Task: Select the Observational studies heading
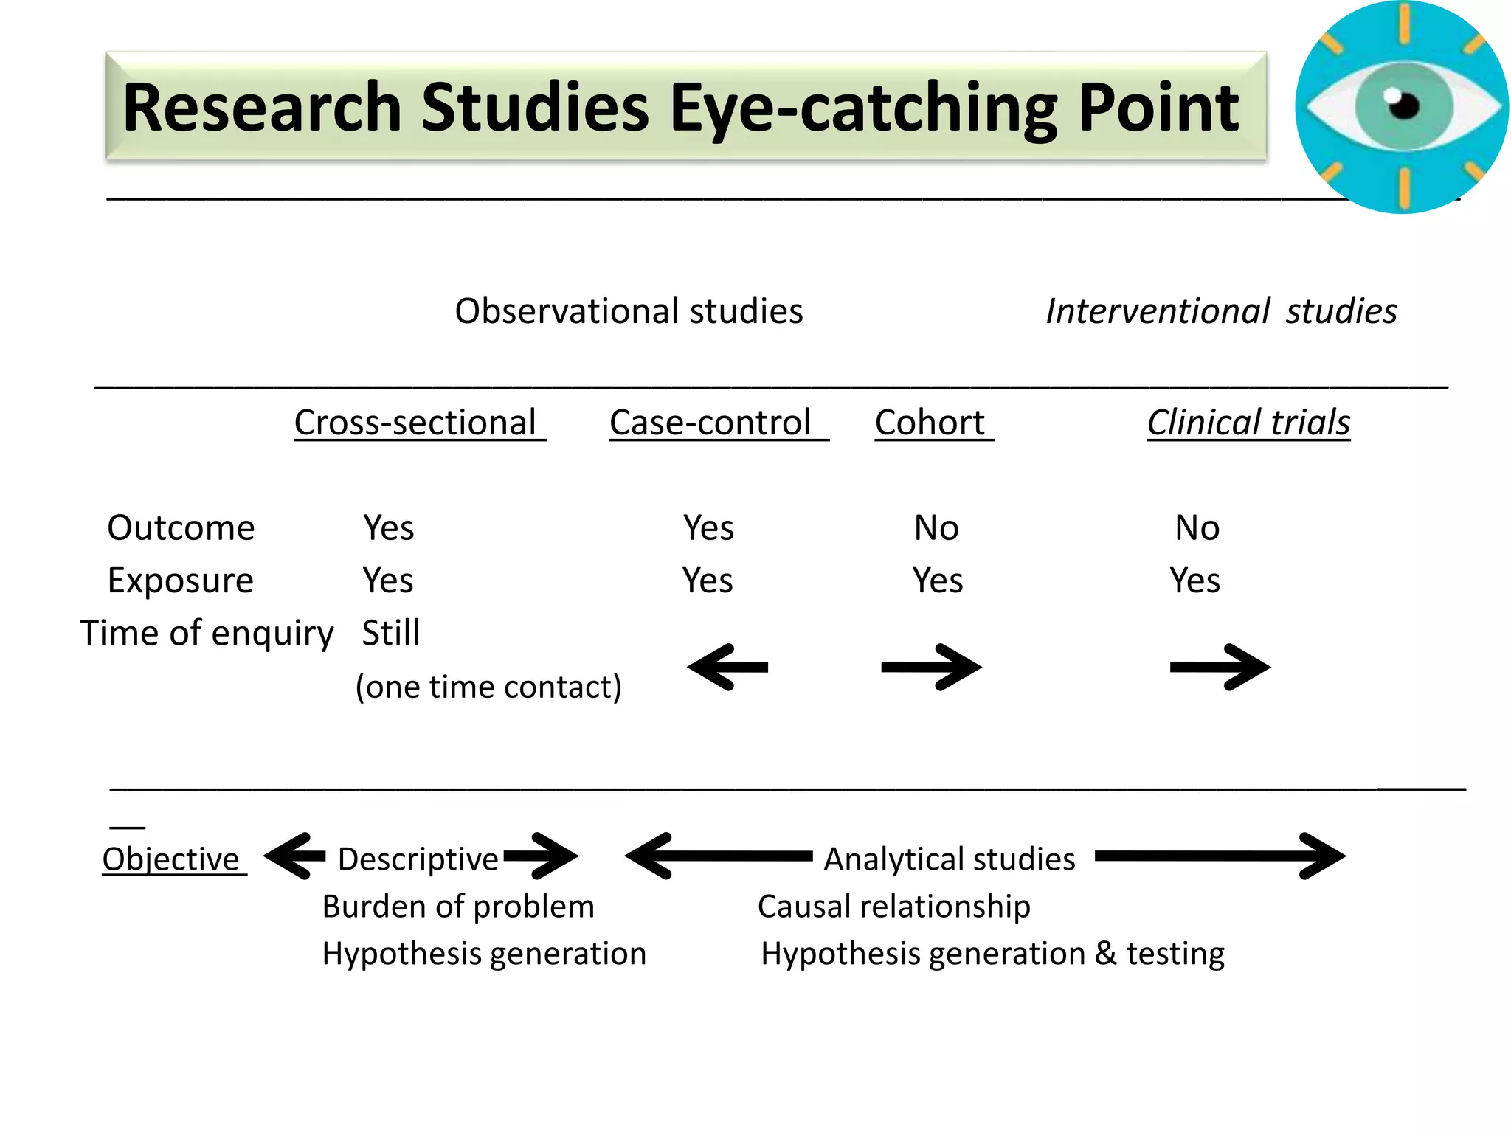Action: [629, 311]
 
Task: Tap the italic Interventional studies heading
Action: [1221, 311]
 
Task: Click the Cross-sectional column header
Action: [415, 423]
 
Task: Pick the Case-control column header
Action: [710, 423]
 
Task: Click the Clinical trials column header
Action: [1248, 423]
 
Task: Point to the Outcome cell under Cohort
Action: [936, 528]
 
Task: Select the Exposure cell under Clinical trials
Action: [1194, 581]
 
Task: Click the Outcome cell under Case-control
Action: [708, 528]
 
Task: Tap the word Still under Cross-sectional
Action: [390, 634]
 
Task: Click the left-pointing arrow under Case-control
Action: [727, 668]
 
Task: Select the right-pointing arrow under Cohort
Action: [931, 668]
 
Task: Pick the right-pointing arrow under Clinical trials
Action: [1220, 668]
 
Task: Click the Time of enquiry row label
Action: [207, 634]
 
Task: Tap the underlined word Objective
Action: [170, 860]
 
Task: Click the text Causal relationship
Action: [893, 907]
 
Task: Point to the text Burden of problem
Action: [458, 907]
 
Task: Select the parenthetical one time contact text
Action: [488, 687]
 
